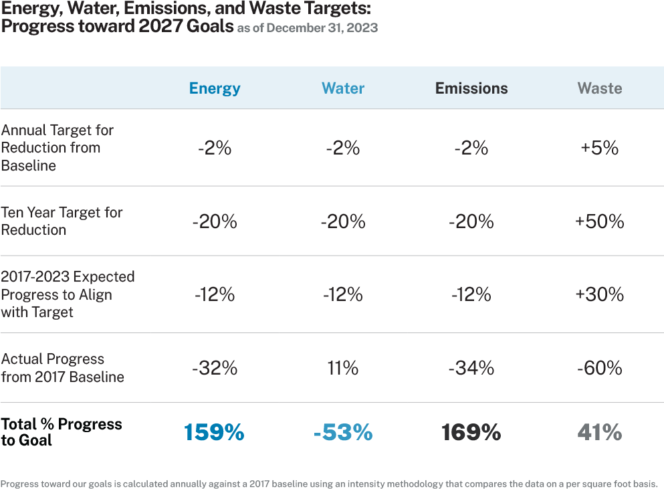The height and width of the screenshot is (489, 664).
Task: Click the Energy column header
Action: pos(215,88)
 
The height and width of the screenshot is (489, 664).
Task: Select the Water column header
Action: pos(343,88)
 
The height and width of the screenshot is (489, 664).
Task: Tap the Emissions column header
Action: pos(471,88)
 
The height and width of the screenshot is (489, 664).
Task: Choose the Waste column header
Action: pos(600,88)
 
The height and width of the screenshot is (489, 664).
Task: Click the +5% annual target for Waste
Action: pos(600,148)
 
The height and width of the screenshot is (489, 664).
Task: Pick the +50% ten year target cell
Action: pos(600,221)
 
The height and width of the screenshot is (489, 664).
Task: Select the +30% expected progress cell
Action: pos(600,294)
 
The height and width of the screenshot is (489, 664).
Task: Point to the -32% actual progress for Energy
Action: pos(215,368)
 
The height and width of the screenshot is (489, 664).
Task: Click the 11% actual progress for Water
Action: pos(343,368)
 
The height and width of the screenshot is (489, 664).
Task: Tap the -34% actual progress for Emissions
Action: pos(471,368)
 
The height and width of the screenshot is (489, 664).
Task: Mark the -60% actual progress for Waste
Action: pos(600,368)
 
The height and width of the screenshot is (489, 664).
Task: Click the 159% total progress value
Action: pos(215,433)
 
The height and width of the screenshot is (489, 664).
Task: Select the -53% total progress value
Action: pos(343,433)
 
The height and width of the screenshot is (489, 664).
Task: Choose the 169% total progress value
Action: pos(471,433)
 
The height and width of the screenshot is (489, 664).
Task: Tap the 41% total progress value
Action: pos(600,433)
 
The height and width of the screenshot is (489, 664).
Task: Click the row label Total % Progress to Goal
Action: pos(62,432)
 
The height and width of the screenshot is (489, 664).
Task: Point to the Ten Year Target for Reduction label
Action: pos(62,221)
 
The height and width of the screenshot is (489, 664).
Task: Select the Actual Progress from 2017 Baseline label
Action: pos(62,368)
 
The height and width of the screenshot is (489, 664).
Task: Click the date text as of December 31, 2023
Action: pos(308,28)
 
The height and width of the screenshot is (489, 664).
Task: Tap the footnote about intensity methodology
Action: pos(329,484)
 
